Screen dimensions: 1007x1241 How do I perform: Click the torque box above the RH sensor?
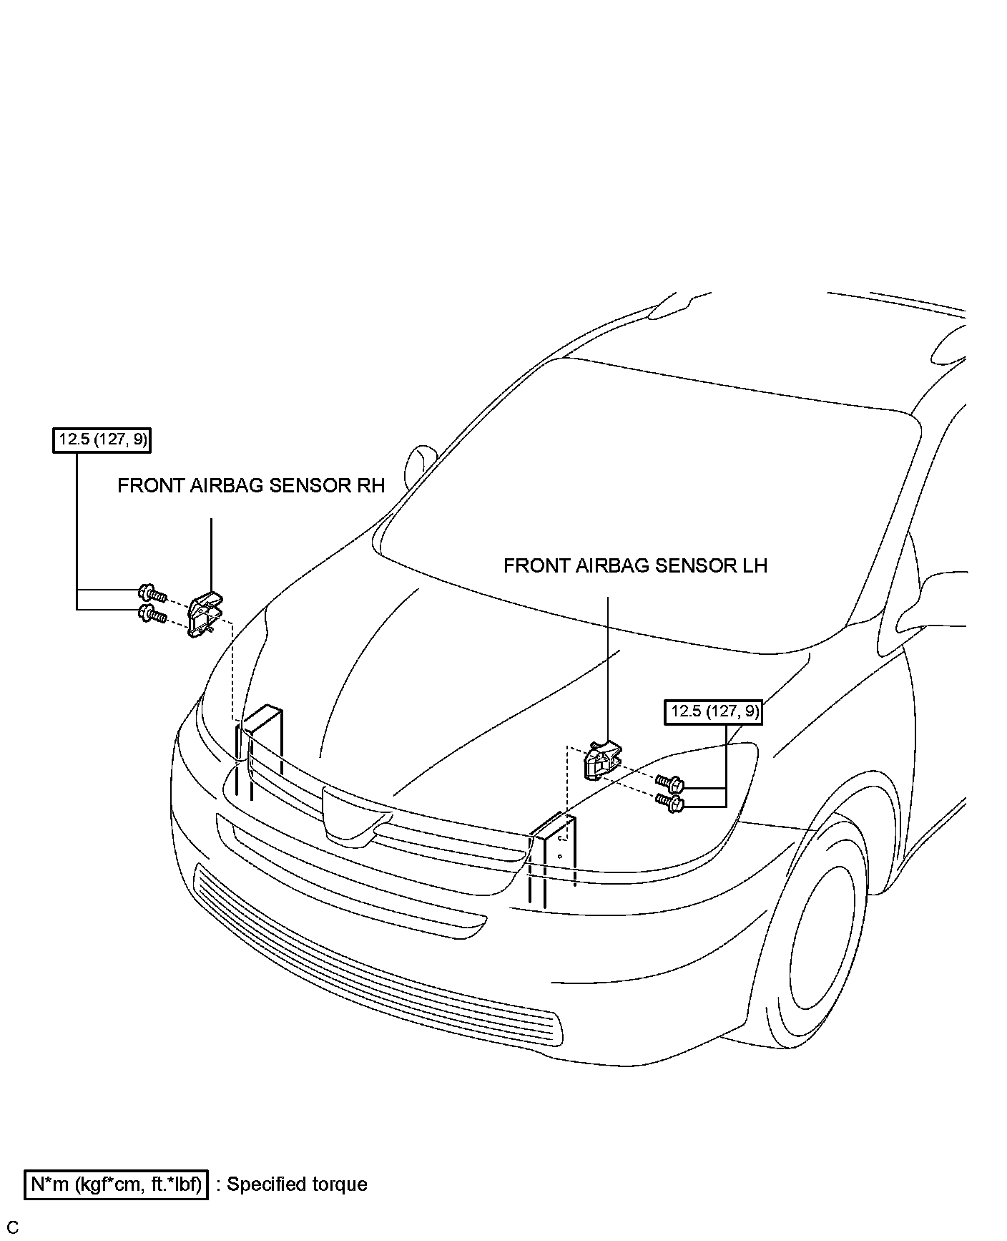click(x=103, y=439)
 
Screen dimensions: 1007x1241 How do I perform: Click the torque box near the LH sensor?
click(x=713, y=712)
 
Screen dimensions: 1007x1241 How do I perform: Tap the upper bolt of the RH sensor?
click(x=152, y=593)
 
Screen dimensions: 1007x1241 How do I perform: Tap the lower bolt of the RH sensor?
click(x=152, y=613)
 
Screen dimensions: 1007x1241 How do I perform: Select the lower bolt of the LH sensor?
click(x=669, y=802)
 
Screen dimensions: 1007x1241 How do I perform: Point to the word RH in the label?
click(x=370, y=486)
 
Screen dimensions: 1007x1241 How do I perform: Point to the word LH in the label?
click(x=752, y=566)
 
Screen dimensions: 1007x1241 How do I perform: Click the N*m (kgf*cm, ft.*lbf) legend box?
click(x=116, y=1184)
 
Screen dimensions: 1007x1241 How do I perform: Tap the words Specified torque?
click(x=297, y=1184)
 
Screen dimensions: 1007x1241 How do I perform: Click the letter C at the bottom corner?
click(x=13, y=1227)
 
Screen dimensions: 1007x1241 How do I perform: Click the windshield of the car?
click(x=644, y=501)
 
